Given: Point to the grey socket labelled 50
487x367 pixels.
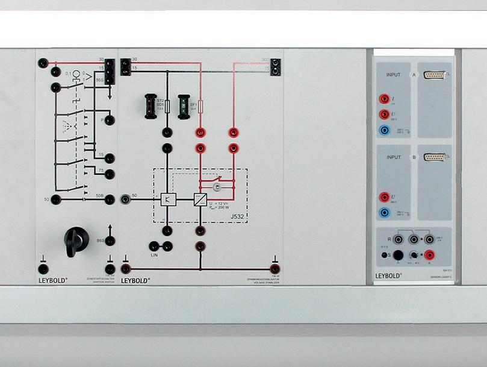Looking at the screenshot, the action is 125,198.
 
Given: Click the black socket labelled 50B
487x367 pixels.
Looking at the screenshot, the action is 110,199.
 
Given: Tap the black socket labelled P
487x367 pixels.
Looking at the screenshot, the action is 110,120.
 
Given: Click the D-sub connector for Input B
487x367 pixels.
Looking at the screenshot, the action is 435,157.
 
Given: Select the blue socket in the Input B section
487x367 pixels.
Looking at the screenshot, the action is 383,212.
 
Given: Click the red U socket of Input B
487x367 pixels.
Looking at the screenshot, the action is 383,196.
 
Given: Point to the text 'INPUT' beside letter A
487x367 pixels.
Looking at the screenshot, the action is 394,75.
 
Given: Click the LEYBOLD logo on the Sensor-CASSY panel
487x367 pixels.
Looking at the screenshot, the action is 389,275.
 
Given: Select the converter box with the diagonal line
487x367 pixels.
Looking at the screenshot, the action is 200,199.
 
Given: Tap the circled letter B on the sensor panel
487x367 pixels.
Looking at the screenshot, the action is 414,157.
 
